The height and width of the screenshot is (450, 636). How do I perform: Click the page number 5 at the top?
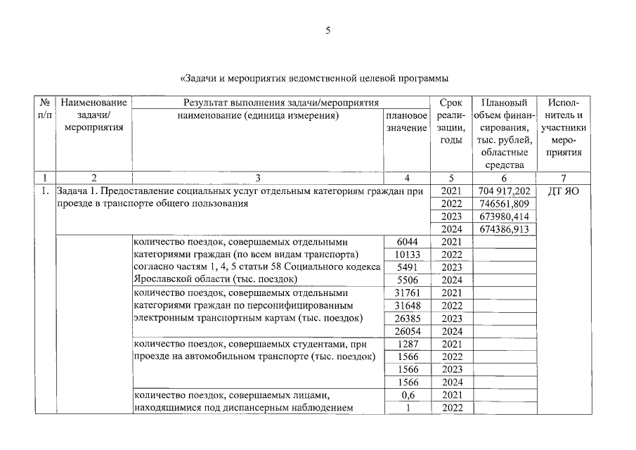pyautogui.click(x=327, y=30)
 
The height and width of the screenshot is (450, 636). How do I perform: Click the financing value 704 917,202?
pyautogui.click(x=505, y=191)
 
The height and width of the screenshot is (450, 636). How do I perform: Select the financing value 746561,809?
pyautogui.click(x=505, y=204)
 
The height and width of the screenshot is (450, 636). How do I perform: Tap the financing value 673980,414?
pyautogui.click(x=505, y=217)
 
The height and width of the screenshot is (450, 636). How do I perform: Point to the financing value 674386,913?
pyautogui.click(x=505, y=229)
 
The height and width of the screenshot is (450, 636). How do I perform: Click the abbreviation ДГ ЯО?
pyautogui.click(x=563, y=191)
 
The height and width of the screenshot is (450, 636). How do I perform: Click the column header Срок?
pyautogui.click(x=450, y=103)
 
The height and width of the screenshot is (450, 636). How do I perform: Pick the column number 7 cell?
pyautogui.click(x=563, y=178)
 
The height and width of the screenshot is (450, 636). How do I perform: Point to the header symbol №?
pyautogui.click(x=44, y=103)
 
